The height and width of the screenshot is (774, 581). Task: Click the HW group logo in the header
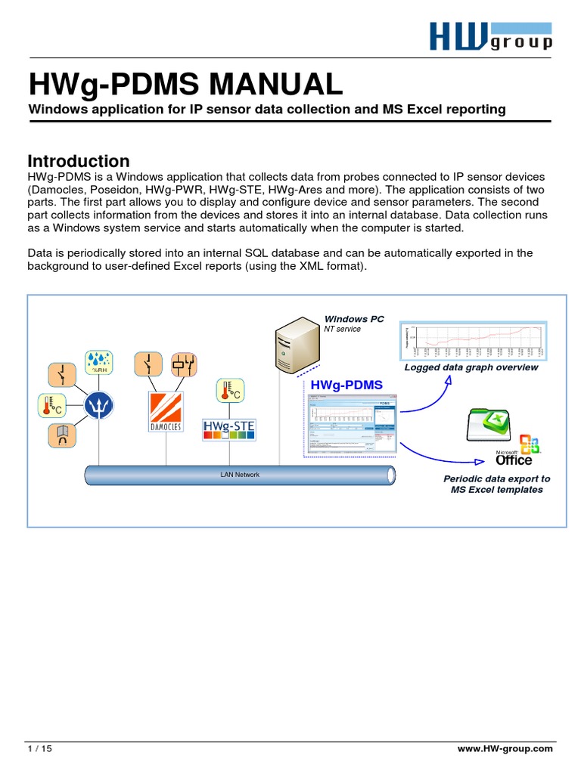click(490, 35)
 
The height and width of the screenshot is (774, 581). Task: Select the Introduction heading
click(79, 161)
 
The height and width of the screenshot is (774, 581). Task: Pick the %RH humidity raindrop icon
click(99, 361)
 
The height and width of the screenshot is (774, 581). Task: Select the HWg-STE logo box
click(229, 429)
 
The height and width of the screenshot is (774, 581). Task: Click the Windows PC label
click(354, 319)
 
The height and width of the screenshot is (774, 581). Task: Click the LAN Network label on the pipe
click(240, 475)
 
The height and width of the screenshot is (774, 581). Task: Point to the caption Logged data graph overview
click(471, 367)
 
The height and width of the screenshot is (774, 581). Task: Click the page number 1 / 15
click(39, 748)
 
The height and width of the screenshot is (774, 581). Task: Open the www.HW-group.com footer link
click(505, 748)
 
